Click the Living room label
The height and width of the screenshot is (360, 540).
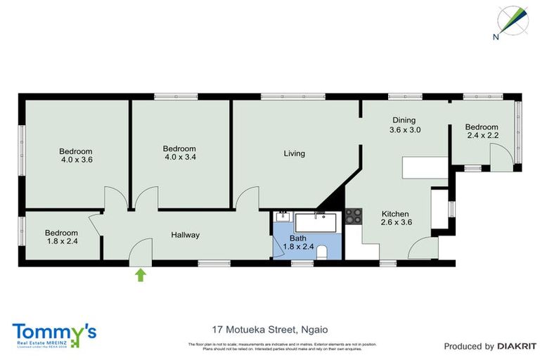(x=294, y=153)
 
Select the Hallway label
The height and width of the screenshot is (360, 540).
(x=185, y=236)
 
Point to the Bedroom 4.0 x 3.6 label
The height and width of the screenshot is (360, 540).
(x=75, y=155)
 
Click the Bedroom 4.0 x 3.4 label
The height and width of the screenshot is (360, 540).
(x=179, y=153)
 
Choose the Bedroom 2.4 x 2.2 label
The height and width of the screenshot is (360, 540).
(x=482, y=131)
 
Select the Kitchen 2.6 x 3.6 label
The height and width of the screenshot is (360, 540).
(x=396, y=219)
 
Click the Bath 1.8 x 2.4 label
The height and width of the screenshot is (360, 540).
(x=298, y=243)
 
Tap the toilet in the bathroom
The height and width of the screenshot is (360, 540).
(x=323, y=252)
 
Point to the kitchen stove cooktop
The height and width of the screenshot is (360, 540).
(x=353, y=216)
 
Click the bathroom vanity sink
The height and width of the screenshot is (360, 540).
(x=283, y=217)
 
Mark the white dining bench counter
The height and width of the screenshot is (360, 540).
(x=424, y=167)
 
